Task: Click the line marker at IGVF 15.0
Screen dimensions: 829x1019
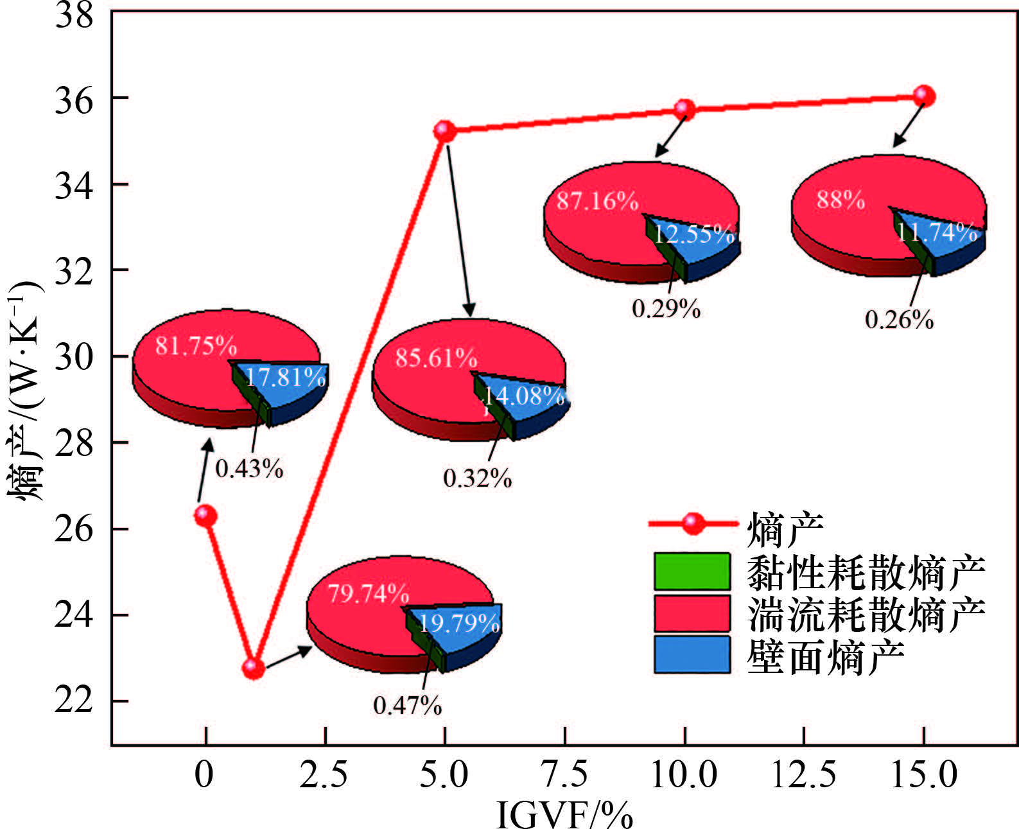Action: (x=924, y=96)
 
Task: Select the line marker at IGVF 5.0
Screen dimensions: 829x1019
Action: (x=444, y=131)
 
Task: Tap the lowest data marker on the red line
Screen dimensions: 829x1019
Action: (x=253, y=668)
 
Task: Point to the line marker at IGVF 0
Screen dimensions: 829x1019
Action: (x=205, y=515)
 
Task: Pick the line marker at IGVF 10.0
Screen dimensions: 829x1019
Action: (x=684, y=109)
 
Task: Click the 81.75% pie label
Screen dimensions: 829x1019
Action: (x=196, y=347)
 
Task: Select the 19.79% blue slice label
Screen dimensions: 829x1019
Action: (x=460, y=623)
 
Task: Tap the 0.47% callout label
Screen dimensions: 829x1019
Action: (x=408, y=706)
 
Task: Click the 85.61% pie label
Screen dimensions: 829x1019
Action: (x=436, y=358)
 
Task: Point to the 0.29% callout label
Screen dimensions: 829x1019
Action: (x=666, y=309)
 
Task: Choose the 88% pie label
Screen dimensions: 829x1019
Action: (x=840, y=200)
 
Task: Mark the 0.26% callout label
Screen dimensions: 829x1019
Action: (x=899, y=319)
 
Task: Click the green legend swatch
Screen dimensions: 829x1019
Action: (x=692, y=571)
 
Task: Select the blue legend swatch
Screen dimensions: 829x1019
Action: (x=692, y=654)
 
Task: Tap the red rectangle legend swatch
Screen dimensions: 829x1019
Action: (x=692, y=613)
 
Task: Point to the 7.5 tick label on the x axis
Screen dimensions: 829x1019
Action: (x=565, y=774)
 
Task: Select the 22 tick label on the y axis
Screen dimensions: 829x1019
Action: (x=73, y=701)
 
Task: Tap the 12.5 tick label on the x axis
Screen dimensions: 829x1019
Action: (x=803, y=774)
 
